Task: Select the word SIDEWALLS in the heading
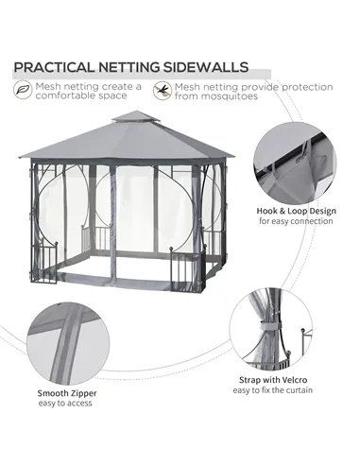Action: (211, 67)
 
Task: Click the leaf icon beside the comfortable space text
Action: (19, 91)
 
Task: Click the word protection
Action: (301, 87)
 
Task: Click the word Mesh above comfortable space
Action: (46, 87)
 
